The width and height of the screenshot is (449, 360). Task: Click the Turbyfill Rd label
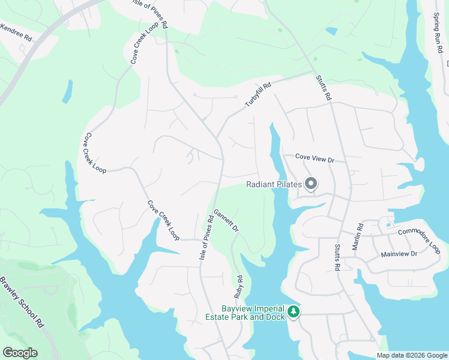pyautogui.click(x=258, y=95)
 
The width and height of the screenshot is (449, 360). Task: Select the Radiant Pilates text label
pyautogui.click(x=273, y=185)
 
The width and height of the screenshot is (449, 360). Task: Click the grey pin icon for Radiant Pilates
pyautogui.click(x=311, y=184)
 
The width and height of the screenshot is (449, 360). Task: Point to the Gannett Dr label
pyautogui.click(x=227, y=221)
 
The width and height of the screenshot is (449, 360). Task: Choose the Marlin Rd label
pyautogui.click(x=360, y=233)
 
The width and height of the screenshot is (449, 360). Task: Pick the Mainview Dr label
pyautogui.click(x=399, y=254)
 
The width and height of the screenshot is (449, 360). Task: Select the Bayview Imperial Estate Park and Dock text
pyautogui.click(x=253, y=313)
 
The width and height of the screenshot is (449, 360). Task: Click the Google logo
pyautogui.click(x=20, y=353)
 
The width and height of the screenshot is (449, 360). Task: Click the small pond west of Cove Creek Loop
pyautogui.click(x=67, y=91)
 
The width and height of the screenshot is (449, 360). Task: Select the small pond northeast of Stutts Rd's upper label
pyautogui.click(x=331, y=30)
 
